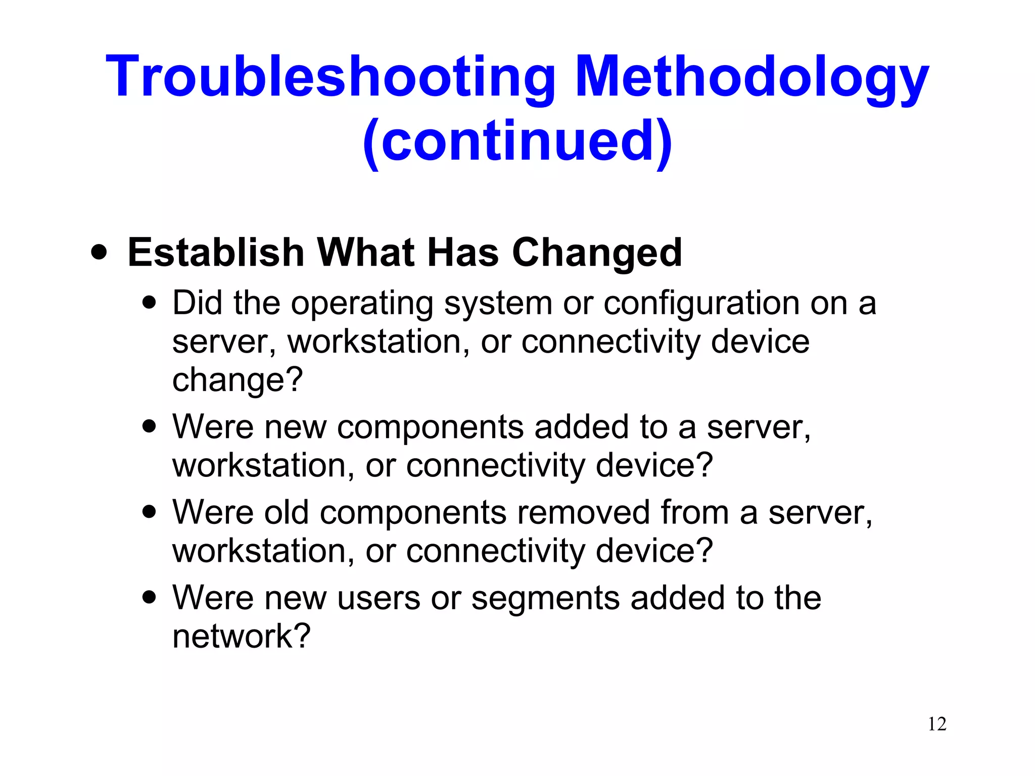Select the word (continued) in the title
click(517, 141)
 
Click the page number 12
click(937, 724)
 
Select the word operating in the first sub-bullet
click(362, 304)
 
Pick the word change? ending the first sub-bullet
click(238, 380)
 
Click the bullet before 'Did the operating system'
click(149, 303)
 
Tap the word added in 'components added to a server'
click(581, 427)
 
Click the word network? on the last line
click(241, 636)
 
